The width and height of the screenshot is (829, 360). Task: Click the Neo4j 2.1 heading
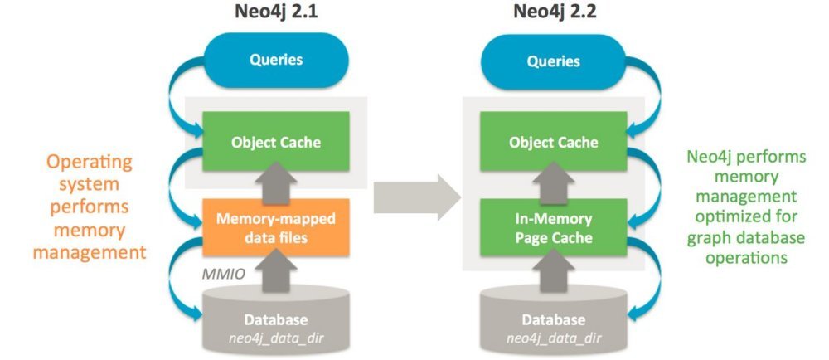[x=267, y=13]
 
